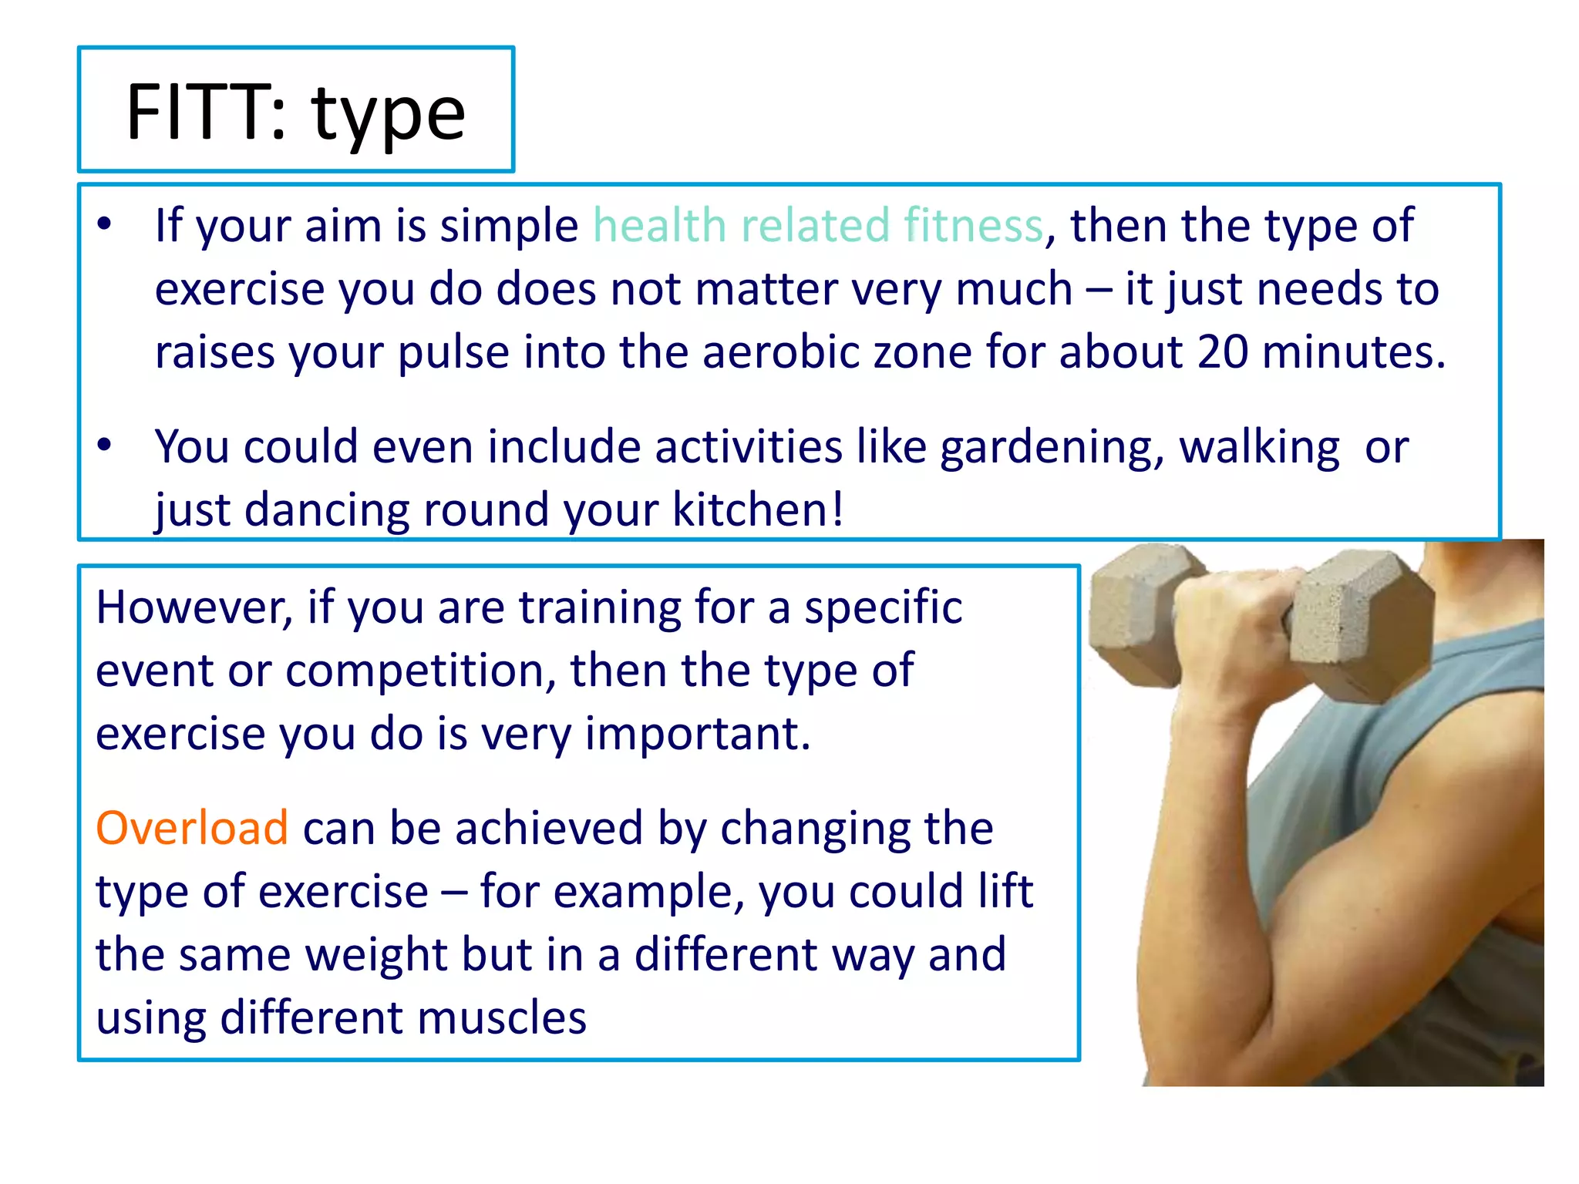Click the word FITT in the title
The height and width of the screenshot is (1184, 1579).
pyautogui.click(x=197, y=113)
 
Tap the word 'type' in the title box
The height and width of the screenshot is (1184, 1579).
pyautogui.click(x=389, y=116)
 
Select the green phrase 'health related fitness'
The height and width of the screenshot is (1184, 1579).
pyautogui.click(x=817, y=225)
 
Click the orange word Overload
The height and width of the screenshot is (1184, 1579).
pyautogui.click(x=192, y=828)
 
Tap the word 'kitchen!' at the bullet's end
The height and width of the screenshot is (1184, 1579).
pyautogui.click(x=758, y=510)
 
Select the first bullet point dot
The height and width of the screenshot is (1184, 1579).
pyautogui.click(x=105, y=224)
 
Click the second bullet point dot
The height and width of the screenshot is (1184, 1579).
pyautogui.click(x=105, y=445)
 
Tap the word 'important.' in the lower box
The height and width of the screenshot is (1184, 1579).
pyautogui.click(x=698, y=733)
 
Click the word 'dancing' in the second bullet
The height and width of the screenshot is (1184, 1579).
pyautogui.click(x=326, y=511)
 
